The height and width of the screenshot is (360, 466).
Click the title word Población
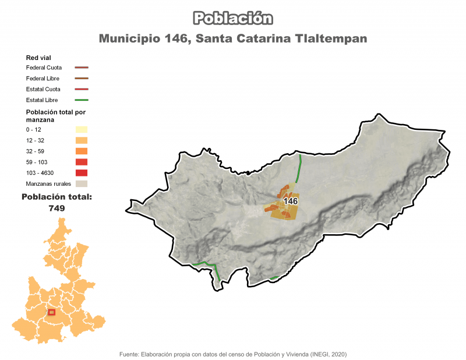(x=232, y=18)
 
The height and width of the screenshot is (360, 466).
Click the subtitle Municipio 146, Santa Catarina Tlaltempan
(x=232, y=39)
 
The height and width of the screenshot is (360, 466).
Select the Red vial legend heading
(x=39, y=58)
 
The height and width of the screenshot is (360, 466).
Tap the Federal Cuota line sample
(x=81, y=68)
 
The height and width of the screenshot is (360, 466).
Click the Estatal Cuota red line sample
(x=81, y=89)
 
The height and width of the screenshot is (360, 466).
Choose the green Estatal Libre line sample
(x=81, y=100)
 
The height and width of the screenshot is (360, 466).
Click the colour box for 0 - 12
(x=81, y=129)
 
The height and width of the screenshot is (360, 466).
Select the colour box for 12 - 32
(x=81, y=140)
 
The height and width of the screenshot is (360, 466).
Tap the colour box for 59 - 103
(x=81, y=162)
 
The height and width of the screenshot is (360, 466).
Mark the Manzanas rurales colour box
(x=81, y=183)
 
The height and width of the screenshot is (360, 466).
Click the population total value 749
(x=57, y=208)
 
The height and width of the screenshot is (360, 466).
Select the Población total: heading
(x=57, y=197)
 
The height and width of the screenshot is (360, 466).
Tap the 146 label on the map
(x=290, y=201)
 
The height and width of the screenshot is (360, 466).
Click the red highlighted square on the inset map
(x=51, y=312)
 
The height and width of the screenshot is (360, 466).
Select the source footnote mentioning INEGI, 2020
(x=232, y=354)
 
